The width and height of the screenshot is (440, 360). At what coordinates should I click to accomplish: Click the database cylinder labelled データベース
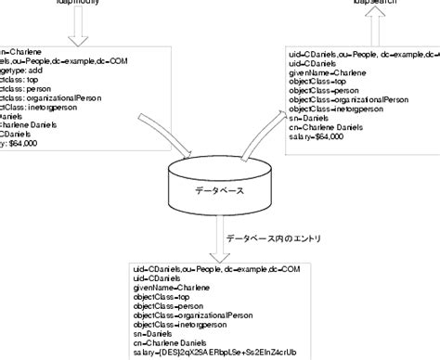220,190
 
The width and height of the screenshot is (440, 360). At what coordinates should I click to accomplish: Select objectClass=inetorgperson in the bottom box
187,325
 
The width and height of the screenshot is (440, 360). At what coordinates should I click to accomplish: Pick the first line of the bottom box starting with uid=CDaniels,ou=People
216,269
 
